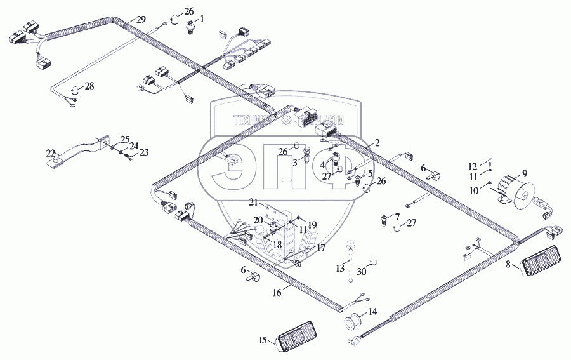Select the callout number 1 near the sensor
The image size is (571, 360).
click(x=202, y=20)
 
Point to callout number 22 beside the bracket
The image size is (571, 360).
click(x=50, y=152)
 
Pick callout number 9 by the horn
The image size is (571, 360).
click(x=524, y=173)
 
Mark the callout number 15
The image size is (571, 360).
click(x=262, y=341)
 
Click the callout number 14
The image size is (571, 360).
click(x=372, y=312)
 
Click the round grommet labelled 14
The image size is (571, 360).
click(x=353, y=323)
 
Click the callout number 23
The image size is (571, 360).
click(x=144, y=152)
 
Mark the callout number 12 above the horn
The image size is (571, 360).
click(x=482, y=166)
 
